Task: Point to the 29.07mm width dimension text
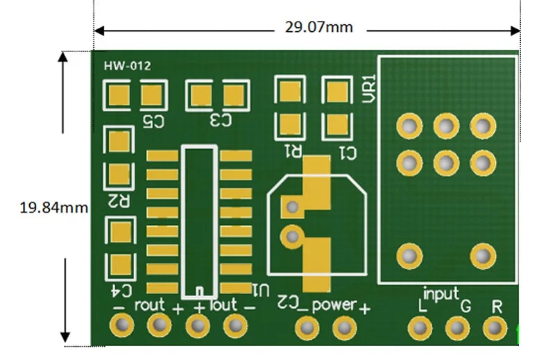coord(318,28)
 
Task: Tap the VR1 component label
coord(368,89)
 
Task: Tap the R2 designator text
coord(119,200)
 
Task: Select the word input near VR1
coord(441,293)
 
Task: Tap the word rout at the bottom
coord(150,305)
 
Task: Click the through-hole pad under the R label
coord(493,327)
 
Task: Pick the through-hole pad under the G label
coord(456,327)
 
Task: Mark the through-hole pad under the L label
coord(419,327)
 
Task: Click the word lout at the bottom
coord(223,305)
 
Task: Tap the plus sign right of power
coord(364,308)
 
